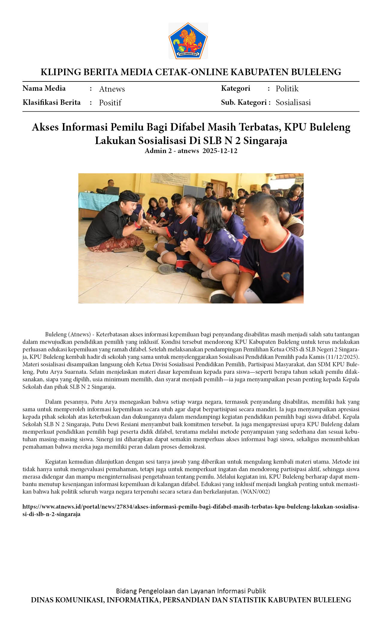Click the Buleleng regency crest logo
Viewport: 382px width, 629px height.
point(188,41)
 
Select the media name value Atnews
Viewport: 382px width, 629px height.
point(112,89)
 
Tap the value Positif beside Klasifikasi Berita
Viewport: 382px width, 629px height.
point(110,103)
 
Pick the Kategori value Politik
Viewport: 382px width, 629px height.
point(287,89)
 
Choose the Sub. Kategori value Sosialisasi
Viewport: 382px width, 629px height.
point(293,102)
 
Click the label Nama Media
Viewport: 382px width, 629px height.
point(44,88)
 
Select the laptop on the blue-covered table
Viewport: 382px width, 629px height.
point(113,190)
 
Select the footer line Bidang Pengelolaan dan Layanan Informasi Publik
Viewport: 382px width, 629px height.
point(191,591)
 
